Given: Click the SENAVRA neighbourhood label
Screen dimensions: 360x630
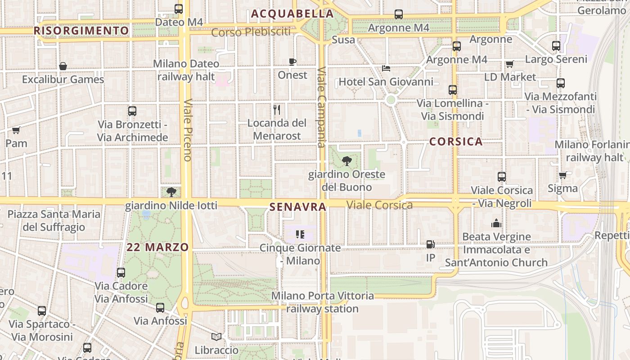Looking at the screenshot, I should [x=297, y=207].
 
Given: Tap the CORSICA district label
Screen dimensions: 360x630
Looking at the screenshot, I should [x=456, y=142].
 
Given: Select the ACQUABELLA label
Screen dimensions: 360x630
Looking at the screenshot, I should [x=292, y=14].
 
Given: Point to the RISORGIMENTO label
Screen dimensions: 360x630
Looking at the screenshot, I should [x=81, y=31].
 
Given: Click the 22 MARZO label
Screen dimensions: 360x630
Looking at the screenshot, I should [x=157, y=247].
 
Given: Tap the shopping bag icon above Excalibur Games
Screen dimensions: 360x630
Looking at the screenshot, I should [x=63, y=66].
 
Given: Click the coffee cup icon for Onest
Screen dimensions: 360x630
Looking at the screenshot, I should [x=292, y=62].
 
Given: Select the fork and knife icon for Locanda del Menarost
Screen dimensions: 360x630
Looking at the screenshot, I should [x=277, y=109].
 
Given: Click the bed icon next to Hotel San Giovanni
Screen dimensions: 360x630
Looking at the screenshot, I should [x=386, y=68].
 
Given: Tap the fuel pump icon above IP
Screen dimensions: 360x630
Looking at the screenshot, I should [x=431, y=244].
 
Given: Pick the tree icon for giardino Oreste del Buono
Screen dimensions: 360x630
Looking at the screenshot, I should [x=346, y=161].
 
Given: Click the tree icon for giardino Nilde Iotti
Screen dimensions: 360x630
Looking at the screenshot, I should [x=171, y=192].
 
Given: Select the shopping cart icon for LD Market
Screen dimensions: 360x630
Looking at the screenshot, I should [x=509, y=64].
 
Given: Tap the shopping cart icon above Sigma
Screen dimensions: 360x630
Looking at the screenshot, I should [x=562, y=175].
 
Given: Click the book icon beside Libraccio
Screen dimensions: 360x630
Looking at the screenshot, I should [x=216, y=337].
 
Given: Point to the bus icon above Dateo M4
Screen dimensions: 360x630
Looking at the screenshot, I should [x=179, y=9].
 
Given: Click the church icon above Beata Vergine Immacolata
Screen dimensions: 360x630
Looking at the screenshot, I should [x=496, y=223].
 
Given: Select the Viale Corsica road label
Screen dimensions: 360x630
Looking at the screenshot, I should [x=379, y=205].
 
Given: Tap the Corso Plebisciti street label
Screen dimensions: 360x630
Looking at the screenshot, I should [x=251, y=32].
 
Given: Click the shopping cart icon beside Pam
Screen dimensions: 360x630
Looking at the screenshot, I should [x=16, y=130].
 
